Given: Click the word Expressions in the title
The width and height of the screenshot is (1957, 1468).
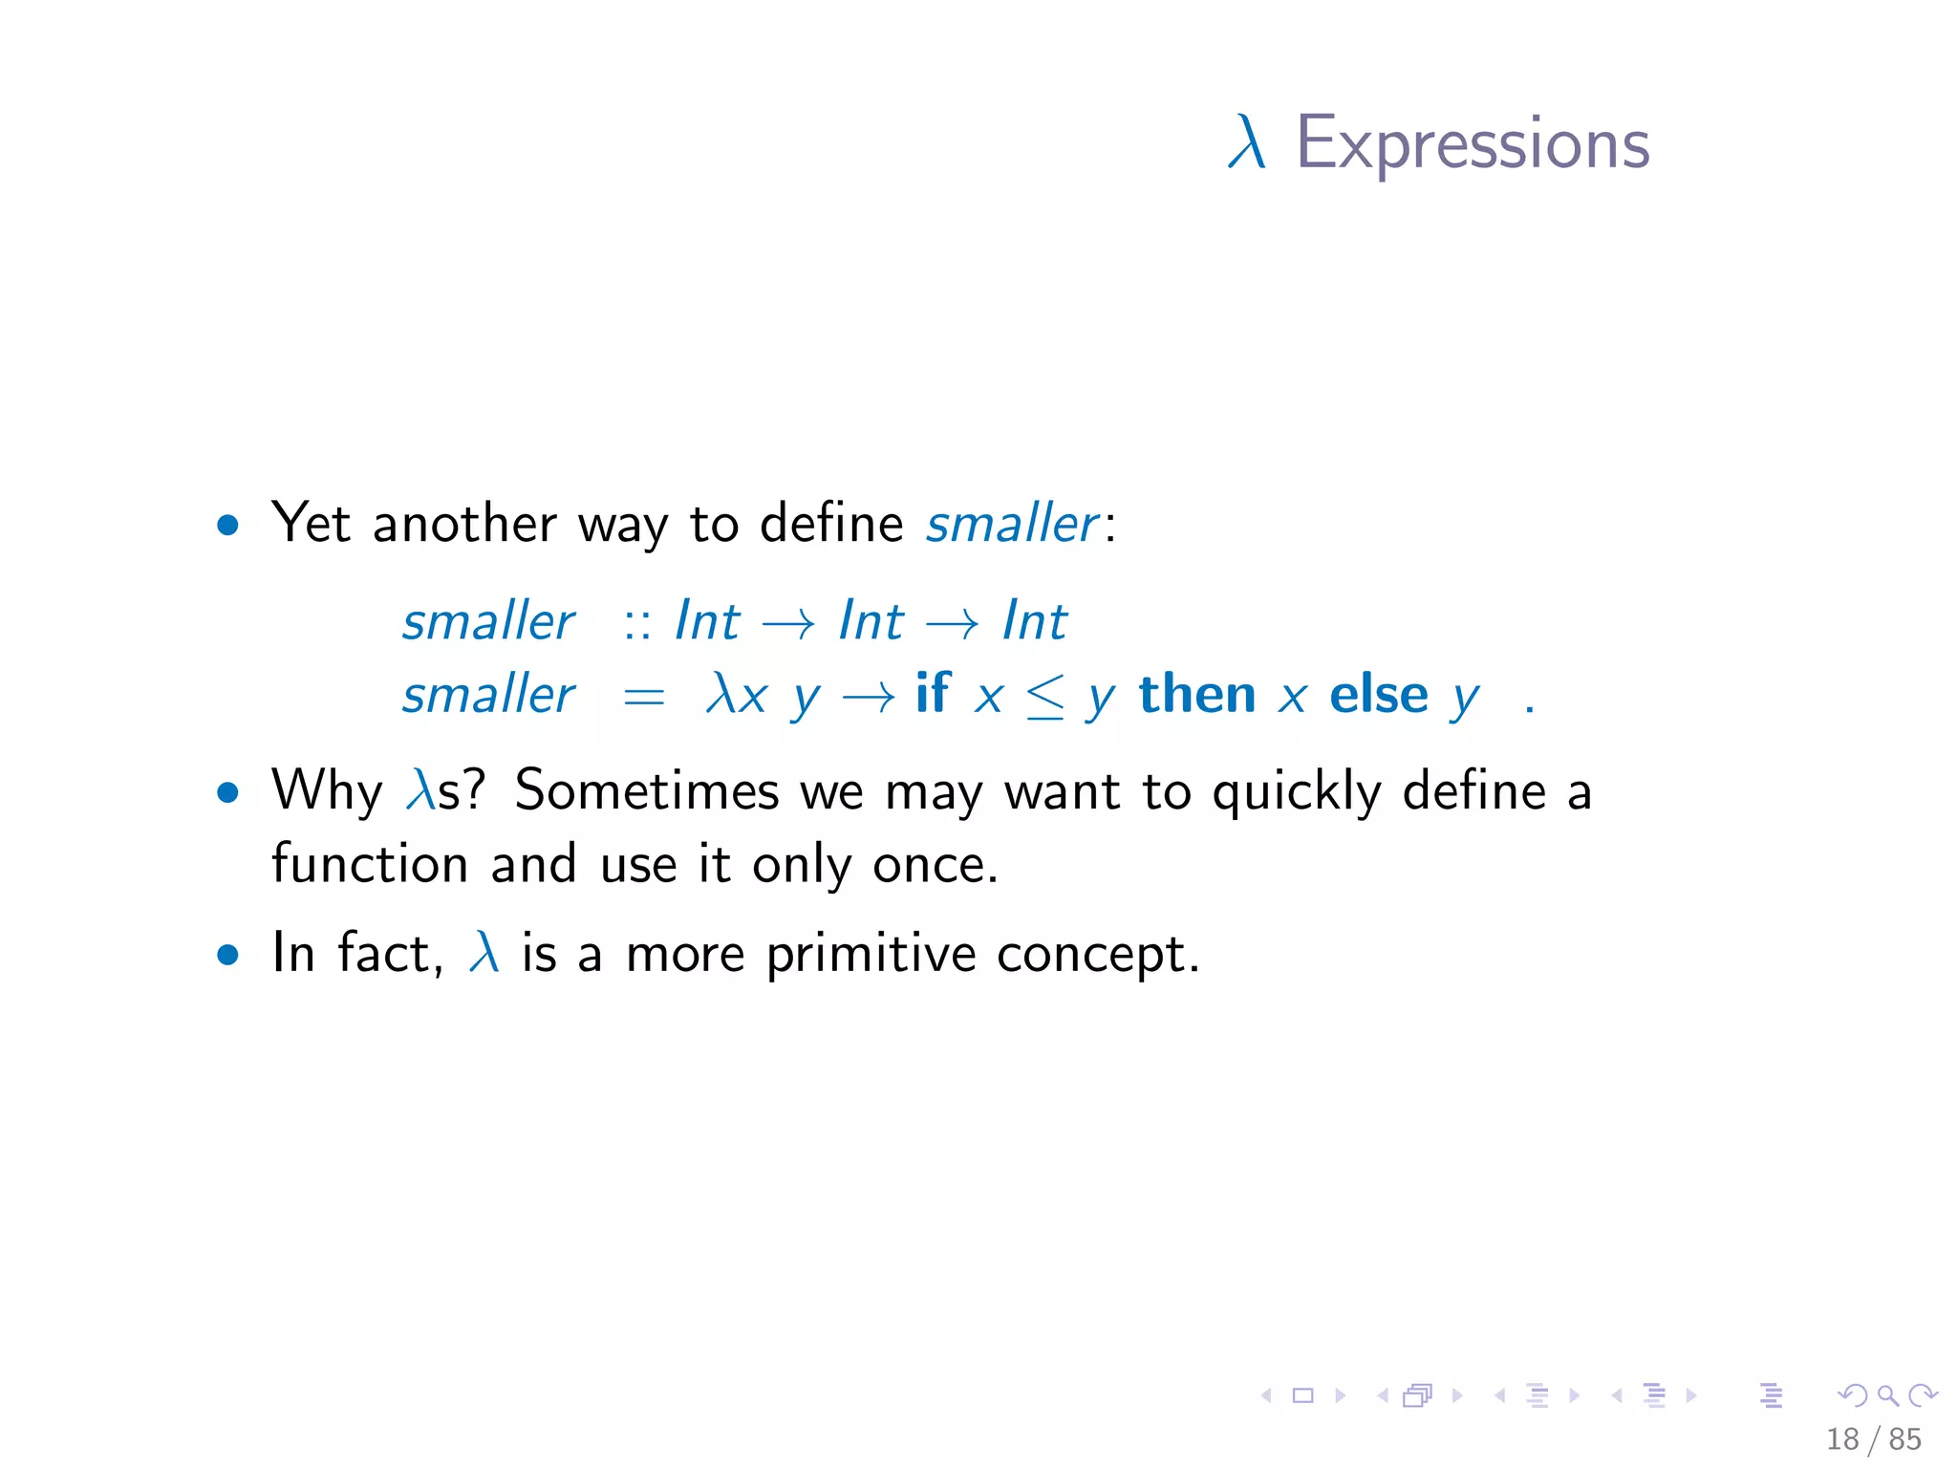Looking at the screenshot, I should [x=1473, y=144].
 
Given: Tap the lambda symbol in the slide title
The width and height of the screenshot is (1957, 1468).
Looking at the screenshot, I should [x=1247, y=144].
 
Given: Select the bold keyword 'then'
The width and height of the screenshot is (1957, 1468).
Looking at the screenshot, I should [x=1197, y=694].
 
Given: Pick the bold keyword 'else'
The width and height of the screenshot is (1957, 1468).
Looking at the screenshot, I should [x=1378, y=694].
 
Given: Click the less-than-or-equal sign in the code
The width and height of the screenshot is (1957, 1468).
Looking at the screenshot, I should [x=1044, y=697].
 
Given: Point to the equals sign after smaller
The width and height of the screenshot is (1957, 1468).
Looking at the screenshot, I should [x=643, y=698].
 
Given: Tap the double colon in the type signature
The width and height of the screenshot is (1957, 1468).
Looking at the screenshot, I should [x=637, y=623].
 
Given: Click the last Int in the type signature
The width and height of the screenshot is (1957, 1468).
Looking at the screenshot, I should [x=1035, y=621].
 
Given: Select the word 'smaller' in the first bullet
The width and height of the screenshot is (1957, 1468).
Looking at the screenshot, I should [x=1012, y=524].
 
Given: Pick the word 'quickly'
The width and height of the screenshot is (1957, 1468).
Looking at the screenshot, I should [x=1297, y=792].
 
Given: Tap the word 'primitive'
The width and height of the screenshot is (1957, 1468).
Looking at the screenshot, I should [x=871, y=955].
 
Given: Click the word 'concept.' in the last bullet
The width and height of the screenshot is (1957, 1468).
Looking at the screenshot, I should [x=1098, y=955].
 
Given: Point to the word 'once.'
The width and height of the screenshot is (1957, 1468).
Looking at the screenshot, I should [x=935, y=865].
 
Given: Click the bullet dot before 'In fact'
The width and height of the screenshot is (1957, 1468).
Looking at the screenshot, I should [x=227, y=955].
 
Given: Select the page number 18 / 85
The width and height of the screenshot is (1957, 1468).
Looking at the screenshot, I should [x=1873, y=1439].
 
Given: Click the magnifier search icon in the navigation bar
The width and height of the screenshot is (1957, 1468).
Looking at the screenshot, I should [x=1887, y=1396].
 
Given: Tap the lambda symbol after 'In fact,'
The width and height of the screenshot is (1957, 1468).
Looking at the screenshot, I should [x=484, y=953].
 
